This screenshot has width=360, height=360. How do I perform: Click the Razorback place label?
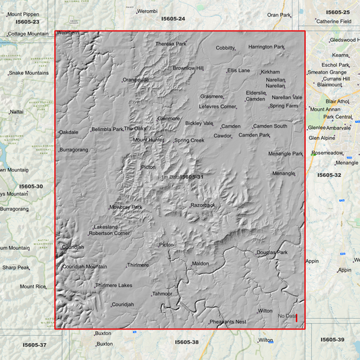(203, 205)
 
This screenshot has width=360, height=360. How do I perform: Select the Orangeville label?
(135, 80)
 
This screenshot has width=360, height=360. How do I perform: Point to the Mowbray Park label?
(126, 207)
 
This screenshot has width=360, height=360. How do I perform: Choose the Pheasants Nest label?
(228, 322)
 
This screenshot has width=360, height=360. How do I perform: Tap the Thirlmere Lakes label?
(113, 286)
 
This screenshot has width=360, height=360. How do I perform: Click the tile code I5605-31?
(192, 177)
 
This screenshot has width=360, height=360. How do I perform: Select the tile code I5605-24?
(172, 19)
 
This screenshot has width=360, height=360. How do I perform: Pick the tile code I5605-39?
(332, 339)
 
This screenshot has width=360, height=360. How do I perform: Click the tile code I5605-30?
(30, 186)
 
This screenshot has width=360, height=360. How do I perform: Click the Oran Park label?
(278, 14)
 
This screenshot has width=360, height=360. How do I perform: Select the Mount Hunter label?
(148, 140)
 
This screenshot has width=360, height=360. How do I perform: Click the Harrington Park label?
(266, 47)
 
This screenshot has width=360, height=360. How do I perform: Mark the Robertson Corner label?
(109, 234)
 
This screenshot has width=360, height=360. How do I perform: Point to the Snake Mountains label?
(28, 73)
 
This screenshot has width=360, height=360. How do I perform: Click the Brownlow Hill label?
(188, 68)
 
